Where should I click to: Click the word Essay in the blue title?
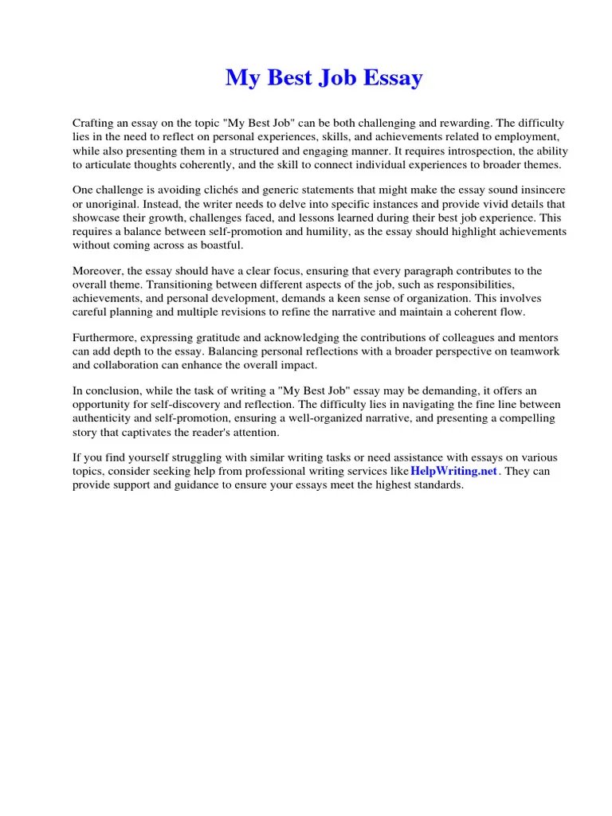[392, 78]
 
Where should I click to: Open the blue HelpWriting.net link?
[453, 471]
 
